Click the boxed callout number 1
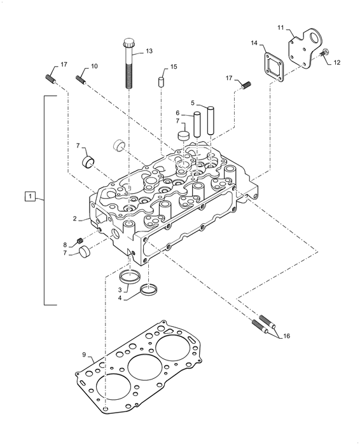click(x=29, y=196)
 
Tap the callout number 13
click(x=149, y=50)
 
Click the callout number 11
click(x=280, y=27)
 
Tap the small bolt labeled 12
click(x=324, y=53)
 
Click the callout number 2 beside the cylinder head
click(x=75, y=219)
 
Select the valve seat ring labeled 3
click(x=130, y=277)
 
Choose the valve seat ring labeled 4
click(x=149, y=291)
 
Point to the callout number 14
click(x=254, y=43)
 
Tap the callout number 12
click(x=337, y=62)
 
